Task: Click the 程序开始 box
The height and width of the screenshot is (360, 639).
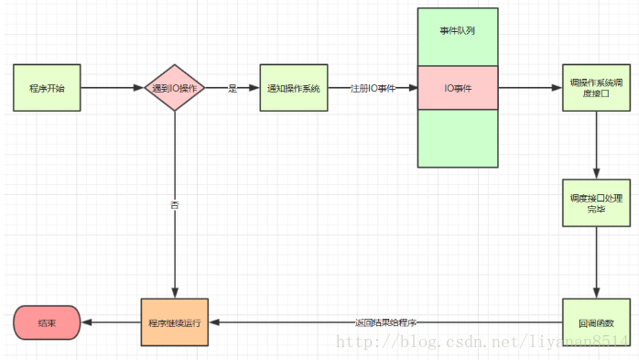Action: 46,88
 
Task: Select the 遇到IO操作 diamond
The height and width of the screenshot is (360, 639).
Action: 174,88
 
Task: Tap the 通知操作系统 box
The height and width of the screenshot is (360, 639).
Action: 293,88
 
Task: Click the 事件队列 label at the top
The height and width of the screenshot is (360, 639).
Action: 458,30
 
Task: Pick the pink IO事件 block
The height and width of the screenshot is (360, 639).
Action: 458,88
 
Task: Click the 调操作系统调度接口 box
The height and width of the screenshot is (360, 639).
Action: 596,88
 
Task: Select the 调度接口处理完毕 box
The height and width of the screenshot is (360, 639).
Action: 596,203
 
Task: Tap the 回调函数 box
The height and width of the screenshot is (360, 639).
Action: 596,322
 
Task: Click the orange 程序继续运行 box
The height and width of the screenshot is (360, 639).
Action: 174,322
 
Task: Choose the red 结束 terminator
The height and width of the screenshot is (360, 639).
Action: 47,322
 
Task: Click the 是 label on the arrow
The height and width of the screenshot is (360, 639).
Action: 233,88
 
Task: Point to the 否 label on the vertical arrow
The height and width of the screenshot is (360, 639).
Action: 174,205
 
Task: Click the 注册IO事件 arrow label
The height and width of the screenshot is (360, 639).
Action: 373,88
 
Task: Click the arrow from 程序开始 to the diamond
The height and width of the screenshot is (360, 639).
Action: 110,88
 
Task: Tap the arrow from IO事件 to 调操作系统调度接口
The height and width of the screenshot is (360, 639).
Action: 529,88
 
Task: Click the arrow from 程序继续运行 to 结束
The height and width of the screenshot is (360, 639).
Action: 111,322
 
